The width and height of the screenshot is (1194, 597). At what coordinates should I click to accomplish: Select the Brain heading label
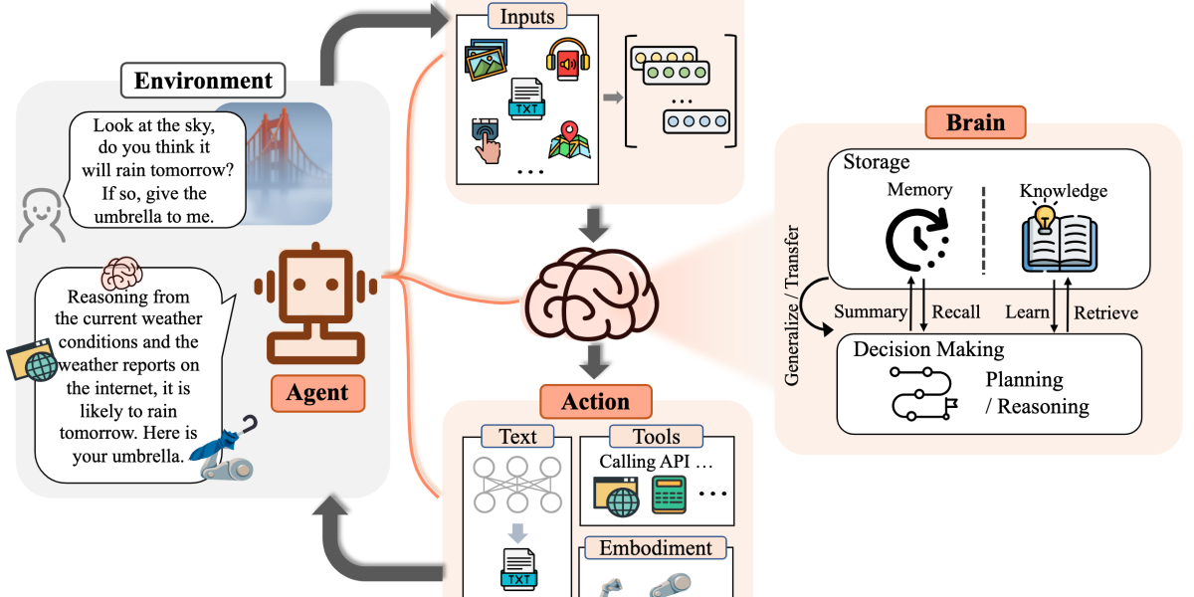[975, 123]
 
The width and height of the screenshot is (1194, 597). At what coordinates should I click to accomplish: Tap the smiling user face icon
[40, 215]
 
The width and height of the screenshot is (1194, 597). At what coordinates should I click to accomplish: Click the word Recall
[955, 312]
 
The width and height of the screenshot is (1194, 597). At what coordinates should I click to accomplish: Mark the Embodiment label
[655, 548]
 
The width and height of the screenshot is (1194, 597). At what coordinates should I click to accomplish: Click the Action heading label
[596, 402]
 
